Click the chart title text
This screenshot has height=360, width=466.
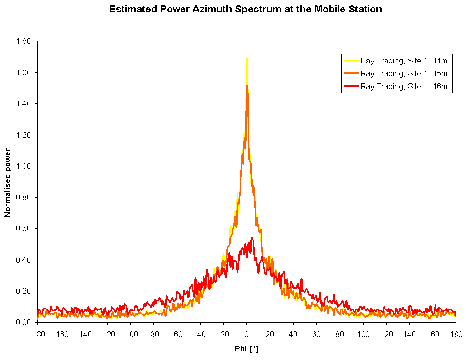click(245, 9)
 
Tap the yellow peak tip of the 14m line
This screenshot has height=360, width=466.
click(247, 59)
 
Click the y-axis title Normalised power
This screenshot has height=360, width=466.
click(8, 182)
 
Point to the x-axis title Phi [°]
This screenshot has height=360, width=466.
click(246, 349)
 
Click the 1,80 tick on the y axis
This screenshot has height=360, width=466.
click(24, 41)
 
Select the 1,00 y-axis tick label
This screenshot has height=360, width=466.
click(24, 166)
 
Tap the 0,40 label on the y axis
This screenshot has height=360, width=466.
click(24, 260)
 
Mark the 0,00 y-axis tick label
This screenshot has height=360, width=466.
click(24, 322)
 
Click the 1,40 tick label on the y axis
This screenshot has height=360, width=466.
click(24, 104)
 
